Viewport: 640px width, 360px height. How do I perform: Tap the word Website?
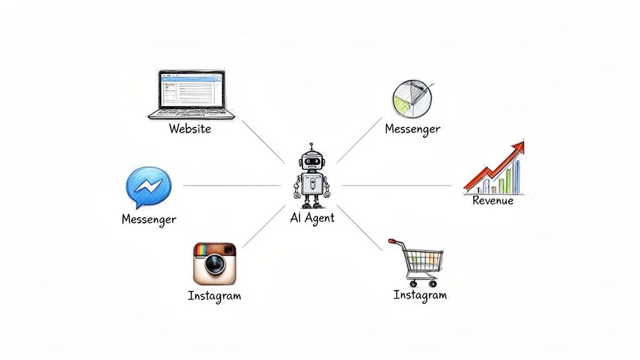point(190,129)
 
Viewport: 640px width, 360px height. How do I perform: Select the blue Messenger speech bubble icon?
point(148,186)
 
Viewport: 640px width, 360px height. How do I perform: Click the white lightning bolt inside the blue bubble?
point(150,186)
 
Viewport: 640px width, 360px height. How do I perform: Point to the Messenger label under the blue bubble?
point(148,219)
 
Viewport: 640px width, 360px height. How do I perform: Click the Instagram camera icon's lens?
point(215,265)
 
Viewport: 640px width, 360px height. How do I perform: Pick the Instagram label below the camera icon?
point(214,296)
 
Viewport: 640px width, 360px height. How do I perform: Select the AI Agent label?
point(312,218)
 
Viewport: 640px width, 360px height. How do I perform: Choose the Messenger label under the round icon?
point(412,129)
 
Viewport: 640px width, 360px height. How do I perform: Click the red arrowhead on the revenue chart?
point(517,147)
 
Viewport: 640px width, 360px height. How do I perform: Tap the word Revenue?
point(493,201)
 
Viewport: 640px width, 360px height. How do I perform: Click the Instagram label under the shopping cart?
point(420,295)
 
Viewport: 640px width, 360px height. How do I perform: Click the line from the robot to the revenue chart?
point(397,186)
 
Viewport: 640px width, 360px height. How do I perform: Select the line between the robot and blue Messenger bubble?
point(231,186)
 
